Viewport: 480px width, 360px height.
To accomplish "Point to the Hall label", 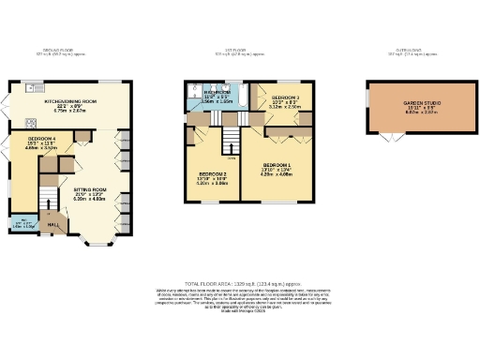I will [x=54, y=224].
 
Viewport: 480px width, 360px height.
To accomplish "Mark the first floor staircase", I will [x=229, y=141].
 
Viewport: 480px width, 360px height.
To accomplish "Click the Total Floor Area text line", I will [x=239, y=282].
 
